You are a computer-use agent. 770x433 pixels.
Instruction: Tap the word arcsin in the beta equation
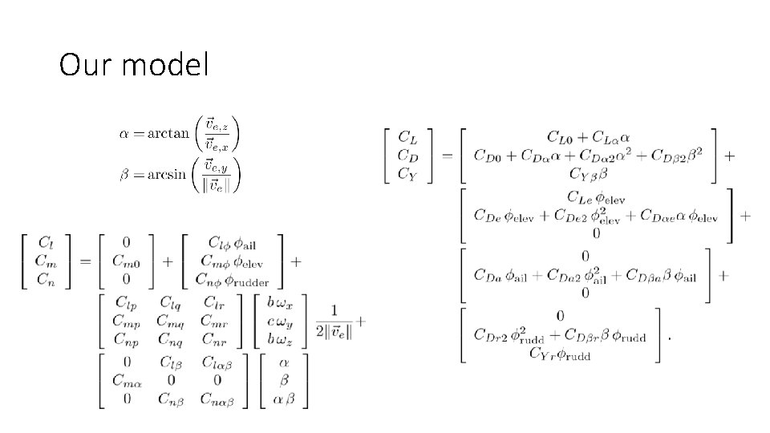(167, 174)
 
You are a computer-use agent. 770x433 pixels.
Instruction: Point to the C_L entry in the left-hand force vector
(407, 139)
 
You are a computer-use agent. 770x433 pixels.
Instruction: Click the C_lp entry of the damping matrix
(127, 302)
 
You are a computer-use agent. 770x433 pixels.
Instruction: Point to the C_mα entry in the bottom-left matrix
(127, 380)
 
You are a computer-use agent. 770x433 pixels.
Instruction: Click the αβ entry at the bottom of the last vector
(282, 399)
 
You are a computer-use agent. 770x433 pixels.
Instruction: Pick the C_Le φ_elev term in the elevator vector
(595, 197)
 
